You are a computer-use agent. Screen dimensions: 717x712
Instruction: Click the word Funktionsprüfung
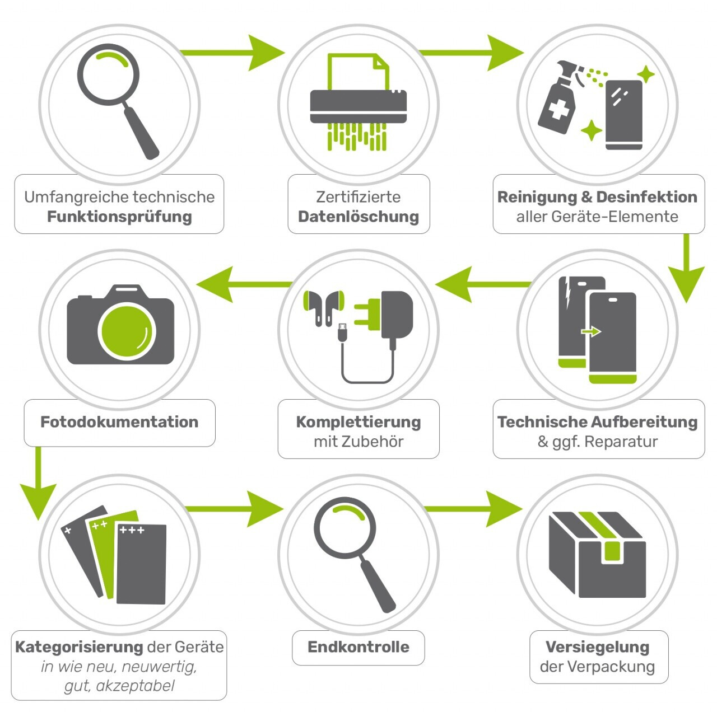pyautogui.click(x=119, y=217)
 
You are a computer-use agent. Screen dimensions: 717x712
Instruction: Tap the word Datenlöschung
pyautogui.click(x=358, y=217)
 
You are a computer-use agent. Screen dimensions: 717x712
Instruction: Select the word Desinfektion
pyautogui.click(x=646, y=197)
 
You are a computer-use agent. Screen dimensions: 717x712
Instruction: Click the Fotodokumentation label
pyautogui.click(x=119, y=422)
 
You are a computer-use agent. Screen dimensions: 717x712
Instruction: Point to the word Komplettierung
pyautogui.click(x=358, y=422)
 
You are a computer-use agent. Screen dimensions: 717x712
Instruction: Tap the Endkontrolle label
pyautogui.click(x=358, y=647)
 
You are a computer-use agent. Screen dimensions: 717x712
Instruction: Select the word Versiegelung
pyautogui.click(x=597, y=648)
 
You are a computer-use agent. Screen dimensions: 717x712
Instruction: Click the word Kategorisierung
pyautogui.click(x=79, y=648)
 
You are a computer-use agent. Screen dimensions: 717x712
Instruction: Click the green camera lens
pyautogui.click(x=127, y=331)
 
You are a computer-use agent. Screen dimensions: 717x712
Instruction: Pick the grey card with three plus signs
pyautogui.click(x=141, y=564)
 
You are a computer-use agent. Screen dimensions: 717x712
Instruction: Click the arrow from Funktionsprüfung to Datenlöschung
pyautogui.click(x=232, y=53)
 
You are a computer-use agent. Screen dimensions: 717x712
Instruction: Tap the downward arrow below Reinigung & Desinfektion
pyautogui.click(x=686, y=268)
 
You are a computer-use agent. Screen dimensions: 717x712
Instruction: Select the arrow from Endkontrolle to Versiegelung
pyautogui.click(x=473, y=508)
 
